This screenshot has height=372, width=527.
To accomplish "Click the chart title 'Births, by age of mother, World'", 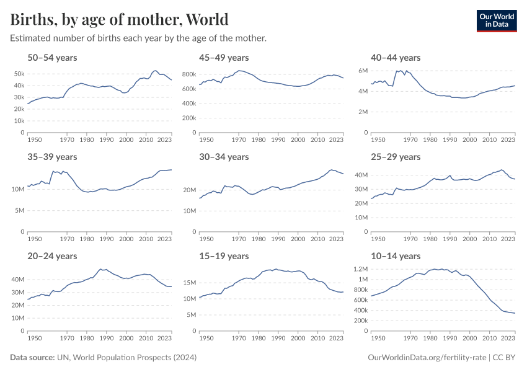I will point(119,19).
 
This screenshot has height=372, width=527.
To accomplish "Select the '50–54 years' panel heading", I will point(52,58).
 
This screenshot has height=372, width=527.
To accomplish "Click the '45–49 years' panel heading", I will point(224,58).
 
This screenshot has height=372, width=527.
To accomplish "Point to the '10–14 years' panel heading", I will point(395,256).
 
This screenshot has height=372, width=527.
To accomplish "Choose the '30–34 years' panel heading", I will point(224,157).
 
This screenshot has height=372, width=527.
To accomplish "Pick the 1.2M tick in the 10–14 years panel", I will point(360,269).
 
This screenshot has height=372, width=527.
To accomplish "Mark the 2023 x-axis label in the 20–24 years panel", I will point(164,339).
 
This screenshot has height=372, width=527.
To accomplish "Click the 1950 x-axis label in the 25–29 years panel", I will point(376,240).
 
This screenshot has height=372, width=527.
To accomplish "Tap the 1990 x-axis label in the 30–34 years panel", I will point(278,240).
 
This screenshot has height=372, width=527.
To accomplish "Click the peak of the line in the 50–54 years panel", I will point(155,71).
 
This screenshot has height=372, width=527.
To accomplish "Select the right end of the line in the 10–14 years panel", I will point(515,313).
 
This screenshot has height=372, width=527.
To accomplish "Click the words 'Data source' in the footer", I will point(32,358).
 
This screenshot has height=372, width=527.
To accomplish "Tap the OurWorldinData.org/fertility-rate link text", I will point(426,358).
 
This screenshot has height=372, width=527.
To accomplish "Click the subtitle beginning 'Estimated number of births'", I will point(138,38).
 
